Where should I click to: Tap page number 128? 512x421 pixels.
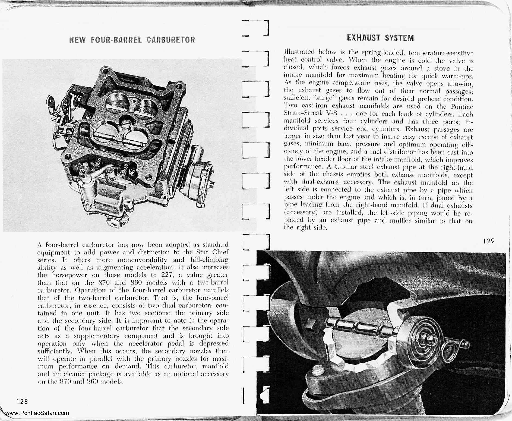coord(22,401)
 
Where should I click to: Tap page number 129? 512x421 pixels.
coord(489,241)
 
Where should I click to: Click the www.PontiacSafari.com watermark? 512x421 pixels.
coord(37,413)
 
